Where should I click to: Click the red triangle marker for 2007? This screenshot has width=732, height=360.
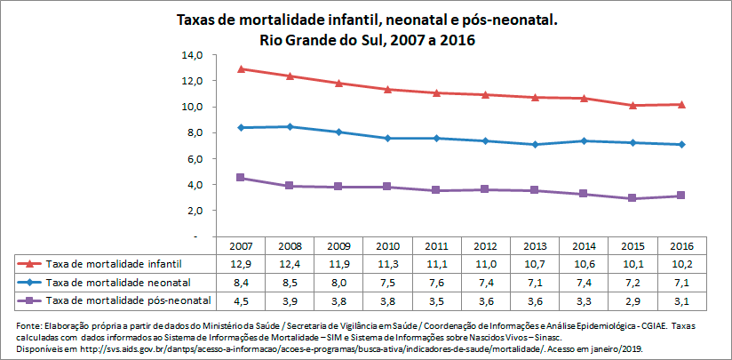tap(242, 68)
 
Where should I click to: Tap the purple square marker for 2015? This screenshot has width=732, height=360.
tap(632, 198)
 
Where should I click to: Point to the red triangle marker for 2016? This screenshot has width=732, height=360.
tap(680, 104)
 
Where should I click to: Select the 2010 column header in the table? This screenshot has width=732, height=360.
tap(387, 246)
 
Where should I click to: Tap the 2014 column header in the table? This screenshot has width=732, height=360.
tap(583, 246)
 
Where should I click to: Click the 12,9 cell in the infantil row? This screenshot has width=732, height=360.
tap(241, 264)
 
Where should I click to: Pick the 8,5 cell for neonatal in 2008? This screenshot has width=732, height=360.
tap(290, 282)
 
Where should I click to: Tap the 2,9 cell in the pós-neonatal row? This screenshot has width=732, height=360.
tap(632, 300)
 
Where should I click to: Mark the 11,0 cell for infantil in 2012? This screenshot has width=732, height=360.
tap(485, 264)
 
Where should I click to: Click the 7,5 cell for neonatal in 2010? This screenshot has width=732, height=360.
tap(387, 282)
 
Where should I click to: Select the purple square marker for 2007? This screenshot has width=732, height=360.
tap(242, 178)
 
